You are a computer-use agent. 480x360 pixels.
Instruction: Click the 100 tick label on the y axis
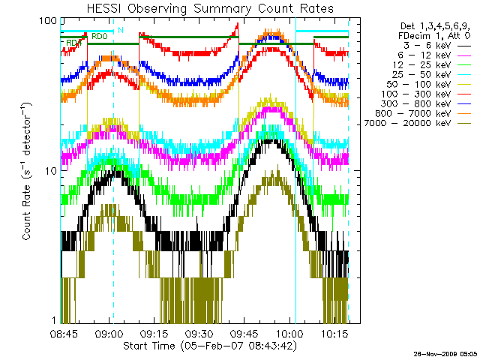48,20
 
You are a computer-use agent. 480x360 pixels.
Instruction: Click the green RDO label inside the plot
99,36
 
